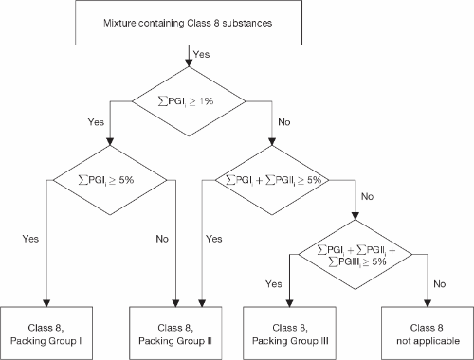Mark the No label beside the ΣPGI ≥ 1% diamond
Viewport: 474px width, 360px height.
(x=283, y=121)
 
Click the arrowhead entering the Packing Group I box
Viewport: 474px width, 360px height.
(x=45, y=302)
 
